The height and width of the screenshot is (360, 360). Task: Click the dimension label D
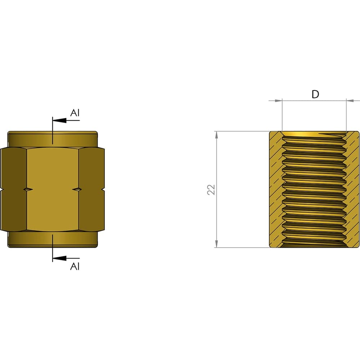point(315,94)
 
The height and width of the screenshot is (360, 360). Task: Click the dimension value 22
point(211,190)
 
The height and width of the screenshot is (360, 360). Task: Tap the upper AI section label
point(75,113)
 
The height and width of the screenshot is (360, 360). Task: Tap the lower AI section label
point(75,266)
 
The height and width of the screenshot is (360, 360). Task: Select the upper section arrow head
point(59,120)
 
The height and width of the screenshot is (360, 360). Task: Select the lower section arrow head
point(59,258)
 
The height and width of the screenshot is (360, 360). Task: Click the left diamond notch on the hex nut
point(28,189)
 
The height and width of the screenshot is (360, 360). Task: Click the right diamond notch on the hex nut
point(77,189)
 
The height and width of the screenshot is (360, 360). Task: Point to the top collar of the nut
point(53,139)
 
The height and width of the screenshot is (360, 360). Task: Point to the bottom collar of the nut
point(53,239)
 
